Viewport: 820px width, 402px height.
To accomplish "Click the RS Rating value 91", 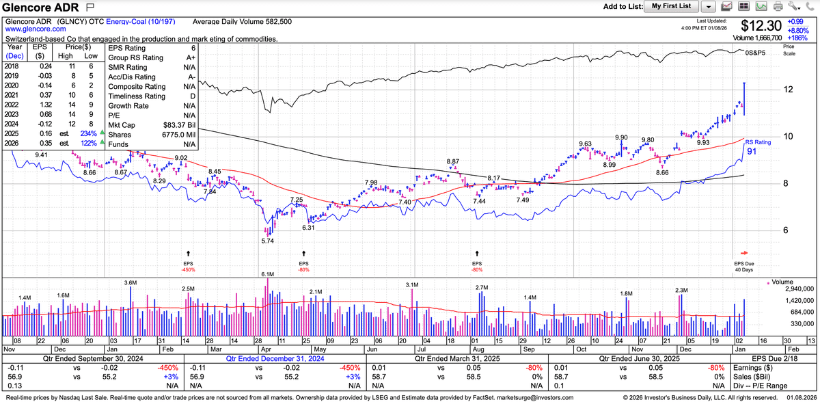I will [x=750, y=151].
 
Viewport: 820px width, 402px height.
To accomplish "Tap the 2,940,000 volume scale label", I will [x=793, y=290].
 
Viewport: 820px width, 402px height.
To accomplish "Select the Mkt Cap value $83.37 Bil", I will [x=178, y=125].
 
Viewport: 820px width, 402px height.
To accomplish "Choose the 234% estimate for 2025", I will [x=90, y=134].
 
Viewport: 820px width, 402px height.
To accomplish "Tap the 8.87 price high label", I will [x=453, y=161].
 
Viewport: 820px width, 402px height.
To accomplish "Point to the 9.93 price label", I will [x=702, y=142].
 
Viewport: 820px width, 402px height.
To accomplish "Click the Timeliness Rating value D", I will [x=193, y=96].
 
